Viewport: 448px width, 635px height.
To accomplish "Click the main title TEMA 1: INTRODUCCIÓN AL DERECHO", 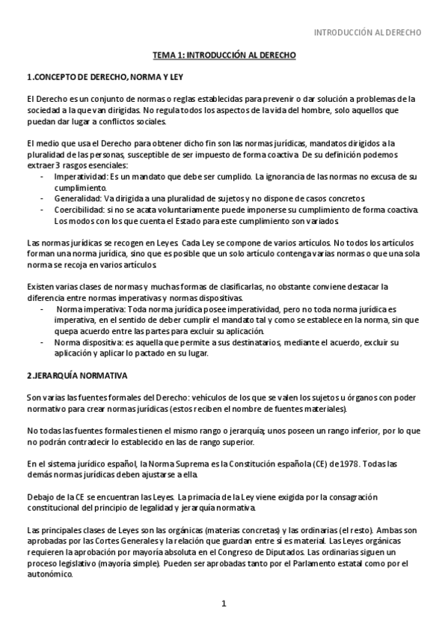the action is (x=224, y=55).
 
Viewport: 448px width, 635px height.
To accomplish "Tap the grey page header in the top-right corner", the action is (x=367, y=33).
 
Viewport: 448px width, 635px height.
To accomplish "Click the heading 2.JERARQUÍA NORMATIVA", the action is (x=77, y=374).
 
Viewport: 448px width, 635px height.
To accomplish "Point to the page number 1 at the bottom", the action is (x=224, y=604).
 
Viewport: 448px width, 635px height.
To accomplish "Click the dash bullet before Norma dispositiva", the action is (x=42, y=342).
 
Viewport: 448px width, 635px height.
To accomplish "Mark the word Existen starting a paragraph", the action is (x=40, y=286).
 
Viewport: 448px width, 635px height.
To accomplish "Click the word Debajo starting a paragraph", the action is (x=41, y=496).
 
